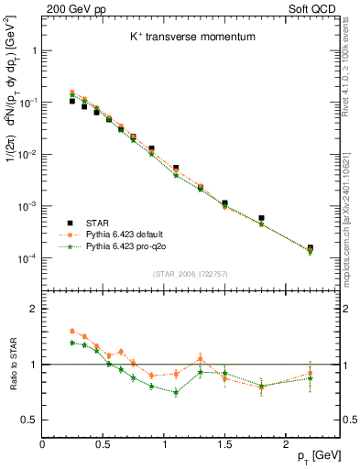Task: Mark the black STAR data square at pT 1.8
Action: [261, 219]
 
